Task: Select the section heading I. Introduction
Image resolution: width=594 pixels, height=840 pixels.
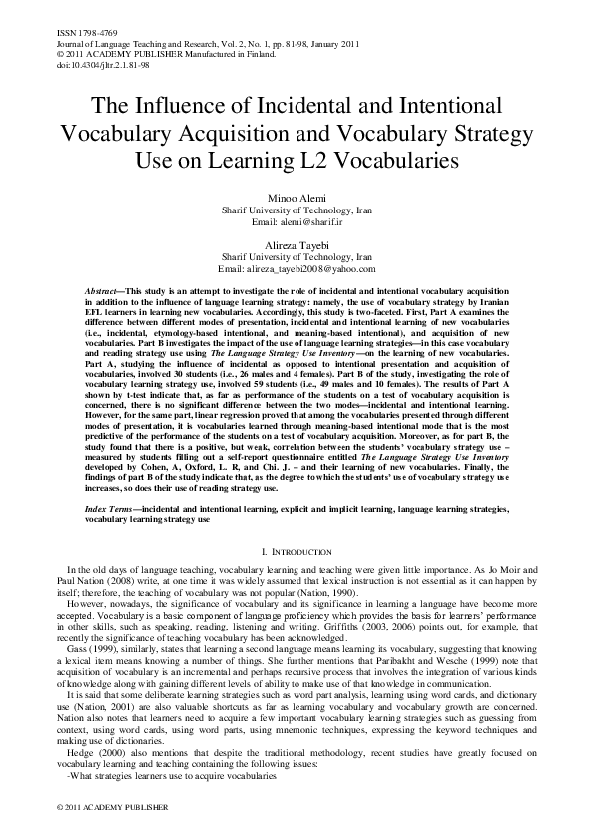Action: click(x=297, y=551)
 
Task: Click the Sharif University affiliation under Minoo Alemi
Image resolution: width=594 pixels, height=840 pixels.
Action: click(x=297, y=211)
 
